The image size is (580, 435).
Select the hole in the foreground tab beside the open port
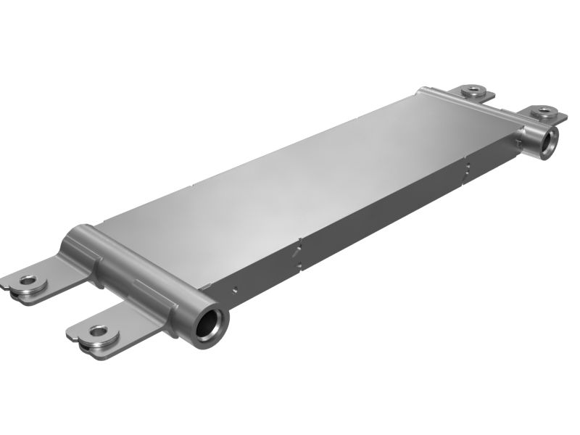pos(97,332)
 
